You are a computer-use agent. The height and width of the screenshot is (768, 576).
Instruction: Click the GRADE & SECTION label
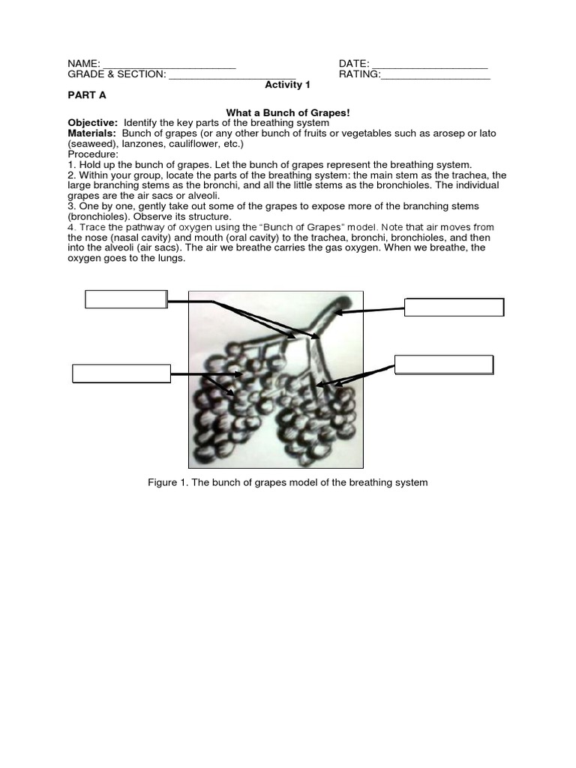point(116,75)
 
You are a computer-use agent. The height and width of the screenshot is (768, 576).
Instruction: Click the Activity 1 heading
point(287,85)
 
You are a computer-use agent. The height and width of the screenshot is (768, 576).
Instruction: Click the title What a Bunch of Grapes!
point(288,112)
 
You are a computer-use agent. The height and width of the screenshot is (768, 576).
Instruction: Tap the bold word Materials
point(91,133)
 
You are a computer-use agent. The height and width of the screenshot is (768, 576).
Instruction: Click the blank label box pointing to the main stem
point(454,307)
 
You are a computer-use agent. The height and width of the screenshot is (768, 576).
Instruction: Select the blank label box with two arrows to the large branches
point(125,299)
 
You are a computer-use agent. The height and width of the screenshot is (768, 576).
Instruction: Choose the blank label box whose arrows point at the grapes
point(121,373)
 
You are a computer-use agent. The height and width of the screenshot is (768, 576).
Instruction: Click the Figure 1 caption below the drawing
point(288,482)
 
